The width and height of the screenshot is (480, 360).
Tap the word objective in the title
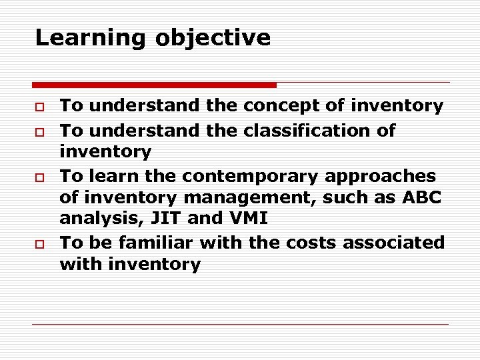click(213, 38)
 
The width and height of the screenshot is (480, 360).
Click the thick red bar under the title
click(154, 85)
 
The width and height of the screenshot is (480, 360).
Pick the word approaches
click(380, 177)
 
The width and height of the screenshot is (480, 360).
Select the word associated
click(394, 243)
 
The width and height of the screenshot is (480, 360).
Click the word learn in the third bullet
click(108, 177)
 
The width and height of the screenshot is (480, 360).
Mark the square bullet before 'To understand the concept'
click(40, 107)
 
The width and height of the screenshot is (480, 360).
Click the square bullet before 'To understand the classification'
click(40, 131)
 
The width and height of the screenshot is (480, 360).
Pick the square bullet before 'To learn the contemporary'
click(40, 177)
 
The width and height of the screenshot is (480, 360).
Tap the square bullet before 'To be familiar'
click(40, 243)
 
